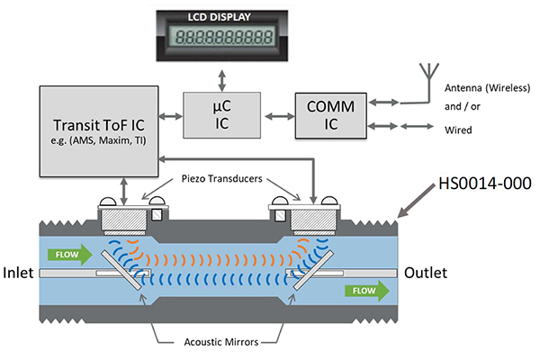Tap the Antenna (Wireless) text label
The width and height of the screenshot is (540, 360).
(485, 87)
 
